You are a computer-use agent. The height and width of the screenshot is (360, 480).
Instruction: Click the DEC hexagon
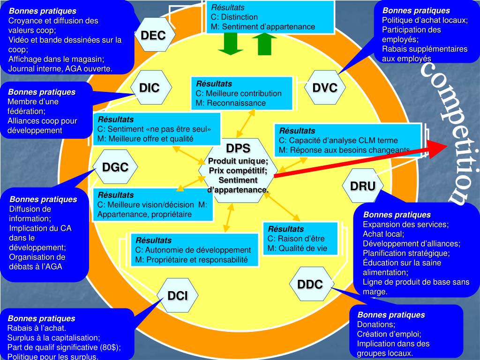(153, 36)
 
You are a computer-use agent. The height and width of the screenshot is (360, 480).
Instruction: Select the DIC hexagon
(150, 88)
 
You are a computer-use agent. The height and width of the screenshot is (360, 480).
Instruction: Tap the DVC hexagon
(325, 88)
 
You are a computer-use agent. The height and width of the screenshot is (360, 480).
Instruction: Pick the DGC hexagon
(115, 167)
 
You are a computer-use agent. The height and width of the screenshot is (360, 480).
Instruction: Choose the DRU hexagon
(363, 186)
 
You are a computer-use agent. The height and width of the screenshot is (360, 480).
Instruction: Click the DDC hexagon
(310, 284)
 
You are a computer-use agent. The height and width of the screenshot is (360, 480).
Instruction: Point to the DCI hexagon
(178, 295)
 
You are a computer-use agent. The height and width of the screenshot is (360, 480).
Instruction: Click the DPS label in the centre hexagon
(238, 149)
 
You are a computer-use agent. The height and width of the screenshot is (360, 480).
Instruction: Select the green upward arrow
(265, 44)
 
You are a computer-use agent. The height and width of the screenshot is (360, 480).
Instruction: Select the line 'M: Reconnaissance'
(231, 103)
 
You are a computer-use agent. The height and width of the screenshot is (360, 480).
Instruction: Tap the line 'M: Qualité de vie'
(297, 248)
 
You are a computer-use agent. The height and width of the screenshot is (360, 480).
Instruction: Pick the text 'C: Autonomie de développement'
(193, 250)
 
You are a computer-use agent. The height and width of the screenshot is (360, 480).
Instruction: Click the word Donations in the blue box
(376, 324)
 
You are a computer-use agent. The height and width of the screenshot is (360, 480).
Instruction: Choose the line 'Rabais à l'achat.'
(37, 328)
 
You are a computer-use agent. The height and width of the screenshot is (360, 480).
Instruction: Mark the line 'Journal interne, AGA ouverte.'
(60, 68)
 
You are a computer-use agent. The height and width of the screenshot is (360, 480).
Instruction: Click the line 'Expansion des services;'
(405, 225)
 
